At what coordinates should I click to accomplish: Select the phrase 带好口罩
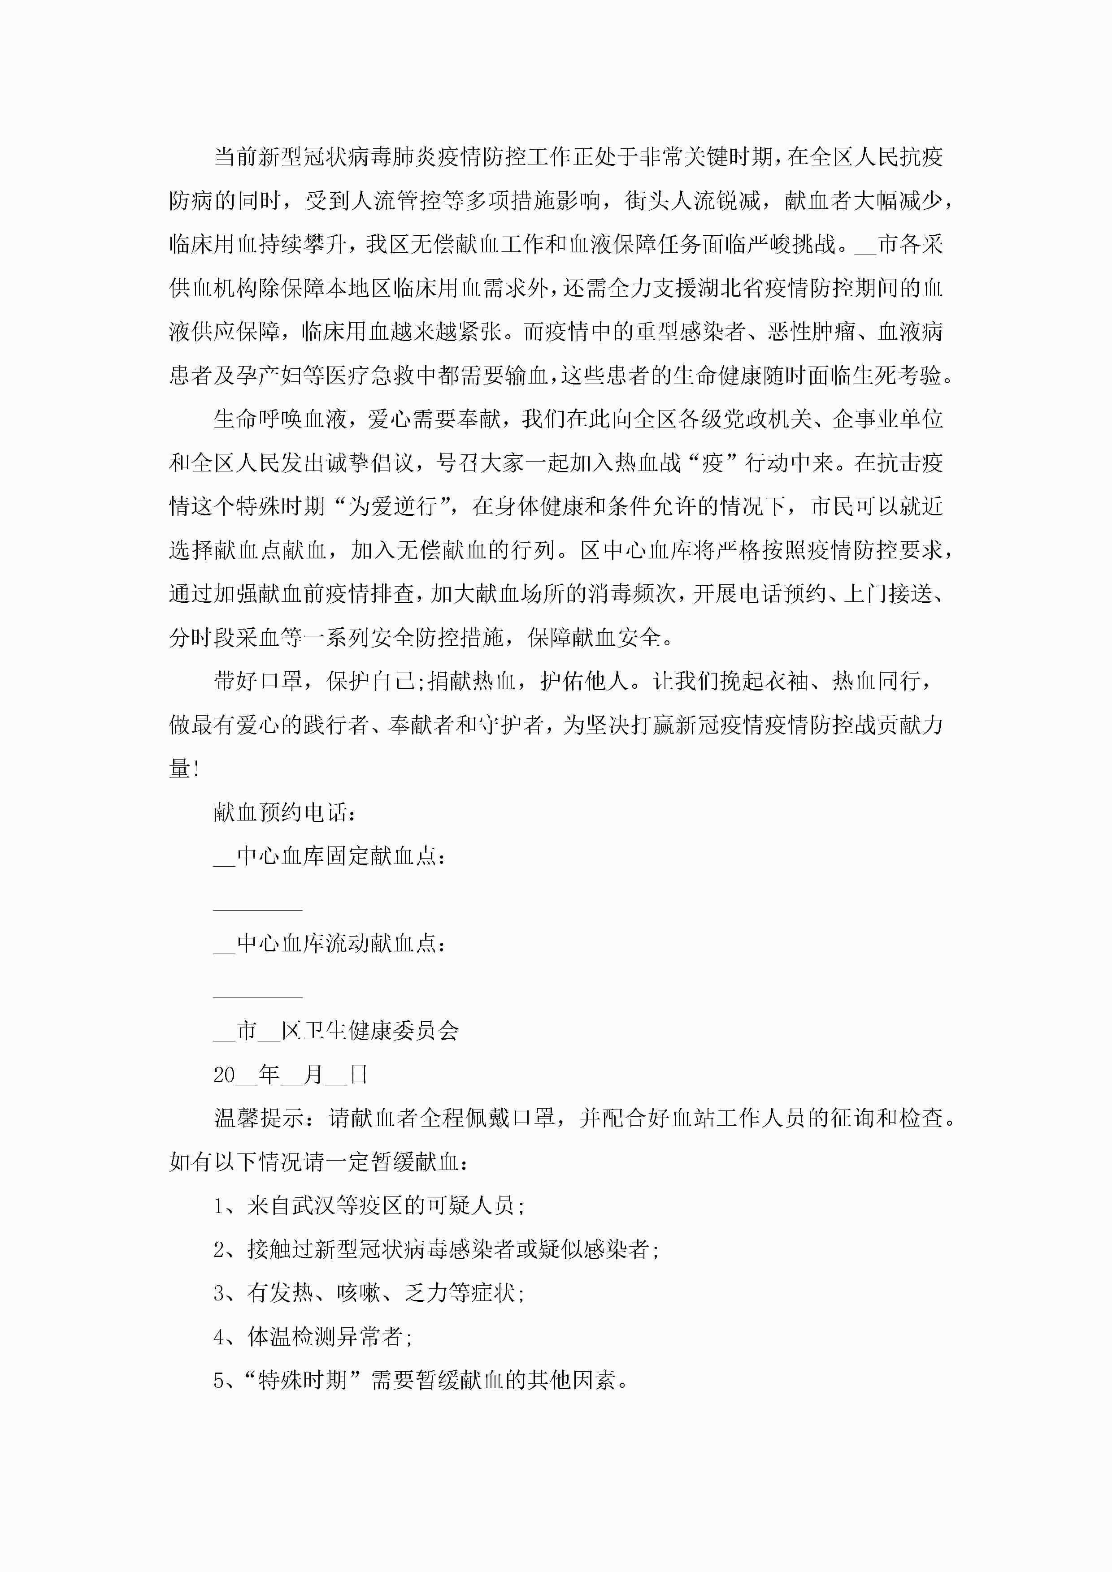tap(258, 681)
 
